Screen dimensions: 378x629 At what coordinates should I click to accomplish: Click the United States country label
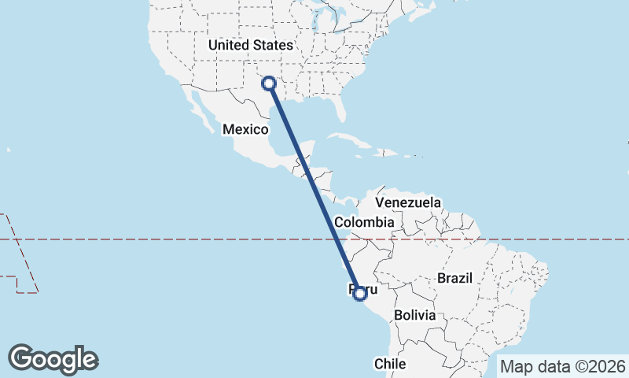coord(251,46)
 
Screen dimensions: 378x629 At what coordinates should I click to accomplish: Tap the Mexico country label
coord(245,129)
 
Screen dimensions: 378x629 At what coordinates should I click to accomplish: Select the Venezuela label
coord(408,203)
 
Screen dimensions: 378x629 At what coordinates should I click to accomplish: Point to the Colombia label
coord(363,223)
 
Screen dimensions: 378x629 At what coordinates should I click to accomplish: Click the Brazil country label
coord(454,278)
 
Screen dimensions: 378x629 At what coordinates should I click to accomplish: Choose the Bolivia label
coord(415,314)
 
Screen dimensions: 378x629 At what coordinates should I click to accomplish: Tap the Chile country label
coord(389,364)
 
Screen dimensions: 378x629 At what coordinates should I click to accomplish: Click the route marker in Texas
coord(269,83)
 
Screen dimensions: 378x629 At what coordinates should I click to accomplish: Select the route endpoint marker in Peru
coord(360,294)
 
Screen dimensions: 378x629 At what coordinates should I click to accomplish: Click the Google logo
coord(53,359)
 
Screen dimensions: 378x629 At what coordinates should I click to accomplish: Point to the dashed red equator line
coord(157,239)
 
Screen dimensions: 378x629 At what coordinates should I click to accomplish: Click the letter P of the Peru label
coord(351,290)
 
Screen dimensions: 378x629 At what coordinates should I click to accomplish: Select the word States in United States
coord(274,46)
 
